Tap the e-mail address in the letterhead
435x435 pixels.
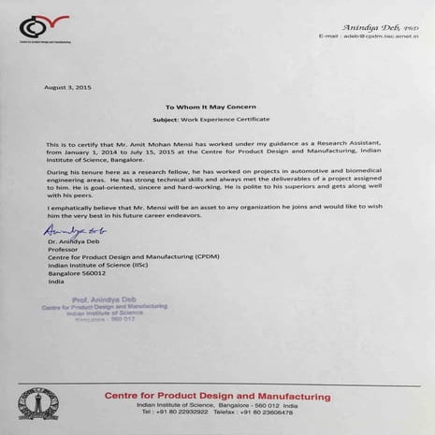pos(370,36)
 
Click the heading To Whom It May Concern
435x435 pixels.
pos(210,109)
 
